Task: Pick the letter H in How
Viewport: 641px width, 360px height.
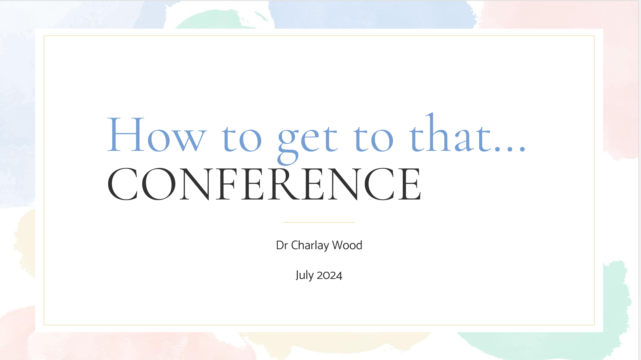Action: click(126, 134)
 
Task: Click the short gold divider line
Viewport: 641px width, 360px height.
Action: click(319, 222)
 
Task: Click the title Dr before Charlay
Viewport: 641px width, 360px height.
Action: click(282, 245)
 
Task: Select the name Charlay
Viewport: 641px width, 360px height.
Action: click(310, 245)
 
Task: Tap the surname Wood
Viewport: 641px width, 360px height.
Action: click(347, 245)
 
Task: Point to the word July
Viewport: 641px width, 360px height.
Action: click(305, 275)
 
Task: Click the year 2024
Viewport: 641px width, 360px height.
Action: click(330, 275)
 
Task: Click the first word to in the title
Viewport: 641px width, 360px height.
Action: click(242, 138)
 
